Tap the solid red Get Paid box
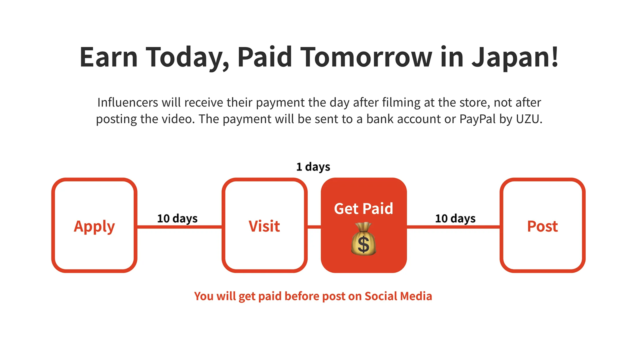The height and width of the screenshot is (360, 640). [x=364, y=225]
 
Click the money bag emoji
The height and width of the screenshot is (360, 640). [x=364, y=239]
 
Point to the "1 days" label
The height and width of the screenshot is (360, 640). [x=313, y=167]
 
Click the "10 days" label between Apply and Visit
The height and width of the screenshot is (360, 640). [x=177, y=218]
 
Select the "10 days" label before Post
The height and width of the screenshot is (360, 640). [x=455, y=218]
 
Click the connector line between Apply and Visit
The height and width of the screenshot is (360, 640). [x=180, y=227]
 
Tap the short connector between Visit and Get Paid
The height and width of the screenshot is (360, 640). [x=314, y=227]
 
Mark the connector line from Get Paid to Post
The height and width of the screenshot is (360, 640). [x=453, y=227]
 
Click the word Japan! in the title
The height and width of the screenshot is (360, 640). [x=515, y=57]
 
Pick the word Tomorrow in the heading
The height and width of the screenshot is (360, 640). [x=366, y=57]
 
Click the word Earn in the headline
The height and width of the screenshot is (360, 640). [x=108, y=57]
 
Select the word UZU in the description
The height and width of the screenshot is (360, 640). [x=529, y=119]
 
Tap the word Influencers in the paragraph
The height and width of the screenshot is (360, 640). [x=128, y=102]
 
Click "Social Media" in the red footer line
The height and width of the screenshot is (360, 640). [x=398, y=296]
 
